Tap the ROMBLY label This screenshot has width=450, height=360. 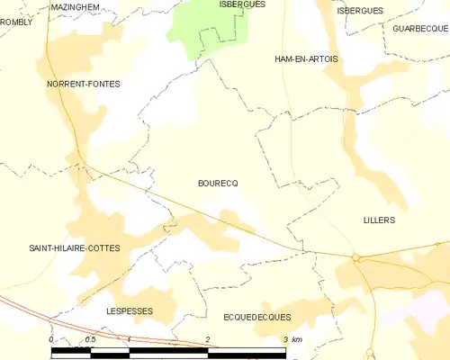tap(15, 22)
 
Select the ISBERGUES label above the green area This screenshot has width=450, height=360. tap(241, 4)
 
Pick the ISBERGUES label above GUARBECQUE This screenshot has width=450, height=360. tap(360, 11)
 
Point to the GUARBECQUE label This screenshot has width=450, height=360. tap(420, 29)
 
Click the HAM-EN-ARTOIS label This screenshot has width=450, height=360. tap(307, 59)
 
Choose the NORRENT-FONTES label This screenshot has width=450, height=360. tap(84, 84)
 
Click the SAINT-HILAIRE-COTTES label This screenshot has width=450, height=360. tap(74, 247)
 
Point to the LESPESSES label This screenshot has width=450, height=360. tap(130, 310)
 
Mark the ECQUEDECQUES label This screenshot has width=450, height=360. tap(256, 318)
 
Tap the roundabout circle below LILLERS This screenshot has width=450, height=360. tap(356, 258)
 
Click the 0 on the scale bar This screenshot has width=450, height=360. tap(52, 339)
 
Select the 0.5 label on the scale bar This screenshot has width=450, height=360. tap(90, 339)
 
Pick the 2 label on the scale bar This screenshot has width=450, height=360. tap(208, 339)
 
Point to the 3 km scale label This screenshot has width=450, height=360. tap(291, 339)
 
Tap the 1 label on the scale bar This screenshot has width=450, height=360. tap(130, 339)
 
